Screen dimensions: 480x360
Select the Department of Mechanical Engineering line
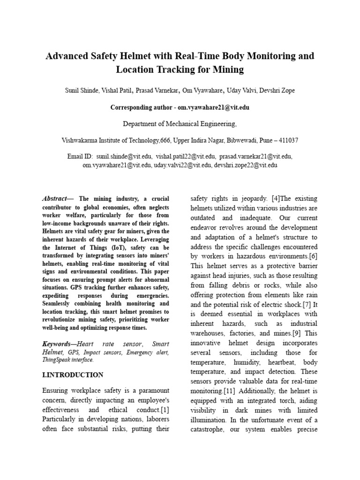point(180,124)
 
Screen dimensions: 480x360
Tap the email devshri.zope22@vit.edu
point(246,165)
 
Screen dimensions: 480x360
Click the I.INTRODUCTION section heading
point(73,375)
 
